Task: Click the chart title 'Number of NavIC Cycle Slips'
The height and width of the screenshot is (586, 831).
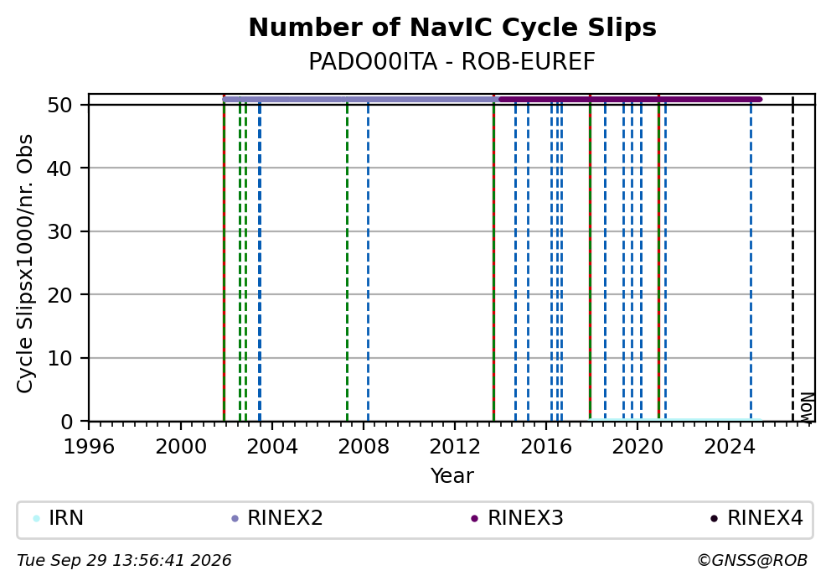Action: (452, 28)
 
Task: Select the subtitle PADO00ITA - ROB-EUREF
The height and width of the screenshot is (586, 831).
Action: (452, 61)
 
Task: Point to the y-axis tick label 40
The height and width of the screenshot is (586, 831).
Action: (59, 169)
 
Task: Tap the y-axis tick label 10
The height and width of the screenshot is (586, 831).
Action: (59, 359)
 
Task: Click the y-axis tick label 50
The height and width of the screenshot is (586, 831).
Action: (59, 105)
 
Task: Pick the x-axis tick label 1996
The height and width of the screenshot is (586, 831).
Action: (89, 447)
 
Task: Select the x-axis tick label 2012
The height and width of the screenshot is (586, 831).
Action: (455, 447)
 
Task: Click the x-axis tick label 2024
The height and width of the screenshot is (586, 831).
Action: (730, 447)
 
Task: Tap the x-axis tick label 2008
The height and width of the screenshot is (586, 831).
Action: (364, 447)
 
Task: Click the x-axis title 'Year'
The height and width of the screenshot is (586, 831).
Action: (452, 475)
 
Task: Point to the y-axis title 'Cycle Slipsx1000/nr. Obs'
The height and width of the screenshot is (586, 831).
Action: (25, 263)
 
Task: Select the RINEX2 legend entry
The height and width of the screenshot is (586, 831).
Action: (277, 518)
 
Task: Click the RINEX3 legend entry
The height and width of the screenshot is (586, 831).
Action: (517, 518)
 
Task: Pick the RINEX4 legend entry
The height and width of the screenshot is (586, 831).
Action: (757, 518)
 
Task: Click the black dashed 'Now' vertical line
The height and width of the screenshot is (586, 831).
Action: (792, 259)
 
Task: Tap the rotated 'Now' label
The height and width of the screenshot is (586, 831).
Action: (806, 407)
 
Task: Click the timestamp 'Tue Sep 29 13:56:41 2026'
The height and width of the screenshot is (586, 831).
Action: (124, 561)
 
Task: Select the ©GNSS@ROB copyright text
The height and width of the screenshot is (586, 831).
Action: (752, 561)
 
